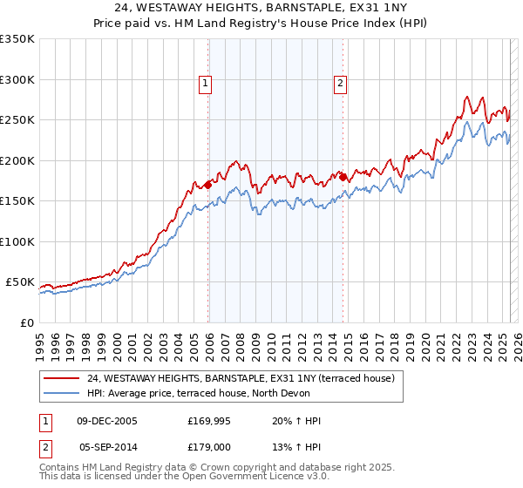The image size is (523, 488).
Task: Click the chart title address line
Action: [261, 9]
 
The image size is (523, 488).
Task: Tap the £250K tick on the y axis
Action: [17, 120]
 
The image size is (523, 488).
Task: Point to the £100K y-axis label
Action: [17, 241]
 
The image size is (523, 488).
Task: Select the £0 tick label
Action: [26, 322]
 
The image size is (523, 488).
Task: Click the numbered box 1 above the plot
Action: [205, 85]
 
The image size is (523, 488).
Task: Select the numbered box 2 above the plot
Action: [339, 85]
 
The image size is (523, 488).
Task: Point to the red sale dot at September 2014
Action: [343, 177]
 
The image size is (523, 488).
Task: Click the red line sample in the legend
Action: [61, 379]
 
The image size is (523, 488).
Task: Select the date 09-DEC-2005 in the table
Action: [107, 421]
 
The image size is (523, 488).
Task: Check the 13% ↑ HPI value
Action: [296, 447]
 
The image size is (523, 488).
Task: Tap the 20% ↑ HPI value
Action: [296, 421]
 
